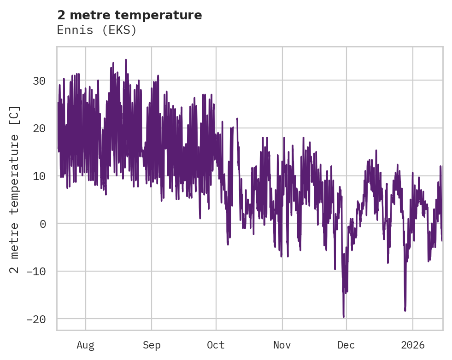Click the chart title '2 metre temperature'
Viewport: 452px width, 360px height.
click(129, 15)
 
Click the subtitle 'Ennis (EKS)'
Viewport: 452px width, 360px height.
click(97, 30)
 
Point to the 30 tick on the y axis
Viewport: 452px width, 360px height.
click(39, 81)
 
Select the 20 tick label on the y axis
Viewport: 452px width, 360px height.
click(39, 128)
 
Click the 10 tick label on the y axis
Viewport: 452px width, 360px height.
click(39, 176)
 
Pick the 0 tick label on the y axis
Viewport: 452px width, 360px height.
click(42, 224)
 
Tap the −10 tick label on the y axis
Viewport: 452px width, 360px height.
click(36, 271)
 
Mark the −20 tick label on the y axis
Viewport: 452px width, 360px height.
click(36, 319)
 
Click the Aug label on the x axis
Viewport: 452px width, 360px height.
click(85, 345)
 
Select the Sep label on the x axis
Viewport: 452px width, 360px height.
click(151, 345)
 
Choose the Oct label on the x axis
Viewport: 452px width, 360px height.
click(216, 345)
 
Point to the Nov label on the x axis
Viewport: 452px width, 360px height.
click(282, 345)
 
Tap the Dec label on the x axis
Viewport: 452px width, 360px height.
click(346, 345)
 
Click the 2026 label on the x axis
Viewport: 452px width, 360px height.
click(412, 345)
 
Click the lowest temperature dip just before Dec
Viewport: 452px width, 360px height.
click(343, 316)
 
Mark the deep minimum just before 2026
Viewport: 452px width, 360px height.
click(405, 310)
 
